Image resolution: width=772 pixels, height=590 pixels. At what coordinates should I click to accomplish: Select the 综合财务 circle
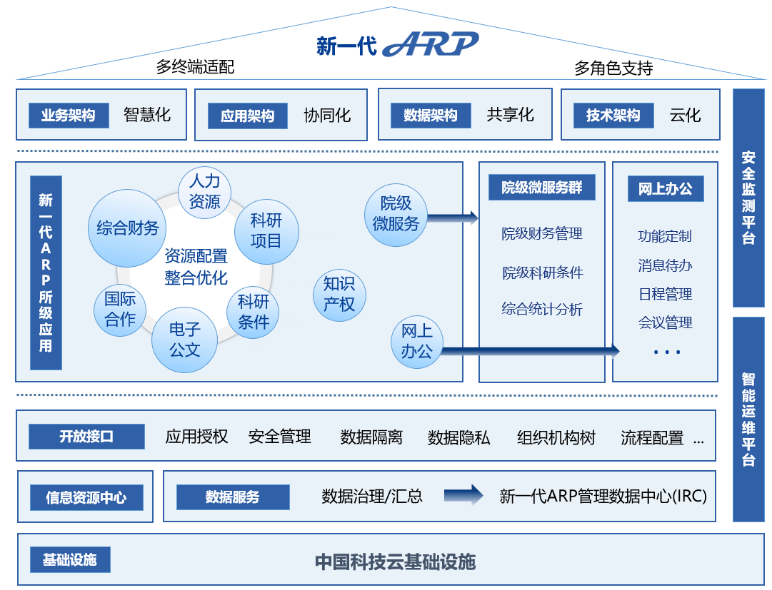(128, 228)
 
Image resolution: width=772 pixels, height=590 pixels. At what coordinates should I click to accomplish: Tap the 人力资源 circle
(204, 192)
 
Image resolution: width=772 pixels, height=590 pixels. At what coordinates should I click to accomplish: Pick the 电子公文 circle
(184, 340)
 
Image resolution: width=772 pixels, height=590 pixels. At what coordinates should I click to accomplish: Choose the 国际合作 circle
(120, 309)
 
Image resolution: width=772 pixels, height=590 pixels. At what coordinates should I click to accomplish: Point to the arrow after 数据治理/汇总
(463, 495)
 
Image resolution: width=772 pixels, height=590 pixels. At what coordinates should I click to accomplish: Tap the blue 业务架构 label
(69, 116)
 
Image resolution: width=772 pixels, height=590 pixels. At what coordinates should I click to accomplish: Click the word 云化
(685, 115)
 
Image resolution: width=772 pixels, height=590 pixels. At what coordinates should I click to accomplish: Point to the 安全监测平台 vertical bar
(748, 197)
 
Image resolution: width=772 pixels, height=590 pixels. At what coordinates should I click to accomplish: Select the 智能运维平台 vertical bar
(748, 419)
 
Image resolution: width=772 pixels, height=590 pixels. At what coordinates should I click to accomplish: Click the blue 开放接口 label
(86, 437)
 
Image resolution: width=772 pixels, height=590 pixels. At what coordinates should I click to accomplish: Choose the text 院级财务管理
(542, 233)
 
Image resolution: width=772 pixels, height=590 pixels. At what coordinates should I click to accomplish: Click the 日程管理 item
(665, 294)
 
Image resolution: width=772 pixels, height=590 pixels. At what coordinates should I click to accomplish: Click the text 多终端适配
(195, 68)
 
